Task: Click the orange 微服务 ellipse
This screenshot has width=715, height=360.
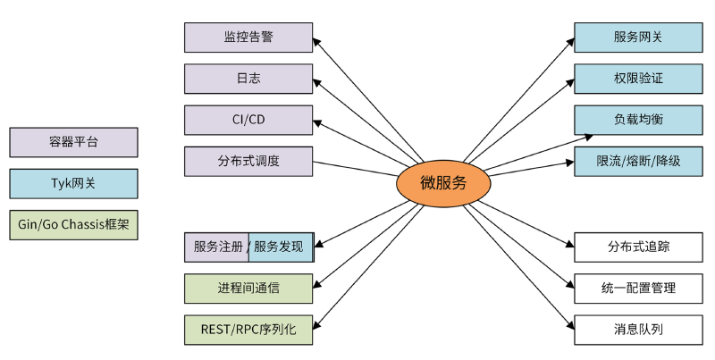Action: point(443,183)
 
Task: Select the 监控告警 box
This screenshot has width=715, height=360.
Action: point(248,38)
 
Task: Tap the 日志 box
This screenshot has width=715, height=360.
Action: point(248,79)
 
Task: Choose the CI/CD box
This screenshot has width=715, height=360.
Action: point(248,120)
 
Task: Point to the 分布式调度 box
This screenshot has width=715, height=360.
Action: point(248,162)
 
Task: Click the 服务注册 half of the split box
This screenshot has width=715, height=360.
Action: point(217,247)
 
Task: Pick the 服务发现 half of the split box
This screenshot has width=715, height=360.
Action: point(281,247)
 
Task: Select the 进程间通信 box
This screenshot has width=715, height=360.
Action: point(248,288)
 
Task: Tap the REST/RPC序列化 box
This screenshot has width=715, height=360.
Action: point(248,329)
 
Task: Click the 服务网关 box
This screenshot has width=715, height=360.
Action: point(638,38)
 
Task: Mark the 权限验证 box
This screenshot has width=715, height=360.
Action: point(638,79)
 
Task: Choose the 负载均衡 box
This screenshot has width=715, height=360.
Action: point(638,120)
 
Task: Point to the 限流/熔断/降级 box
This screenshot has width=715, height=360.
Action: point(638,162)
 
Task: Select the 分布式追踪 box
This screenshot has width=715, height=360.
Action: point(638,247)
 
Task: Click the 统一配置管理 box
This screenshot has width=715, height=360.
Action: point(638,288)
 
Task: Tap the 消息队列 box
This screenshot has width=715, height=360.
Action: point(638,329)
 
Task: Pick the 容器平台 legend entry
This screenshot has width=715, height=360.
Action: point(73,142)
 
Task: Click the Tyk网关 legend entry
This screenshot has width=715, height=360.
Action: point(73,183)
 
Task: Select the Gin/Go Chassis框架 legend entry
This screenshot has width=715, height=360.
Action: point(73,225)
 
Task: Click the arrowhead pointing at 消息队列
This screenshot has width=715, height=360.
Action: point(569,326)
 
